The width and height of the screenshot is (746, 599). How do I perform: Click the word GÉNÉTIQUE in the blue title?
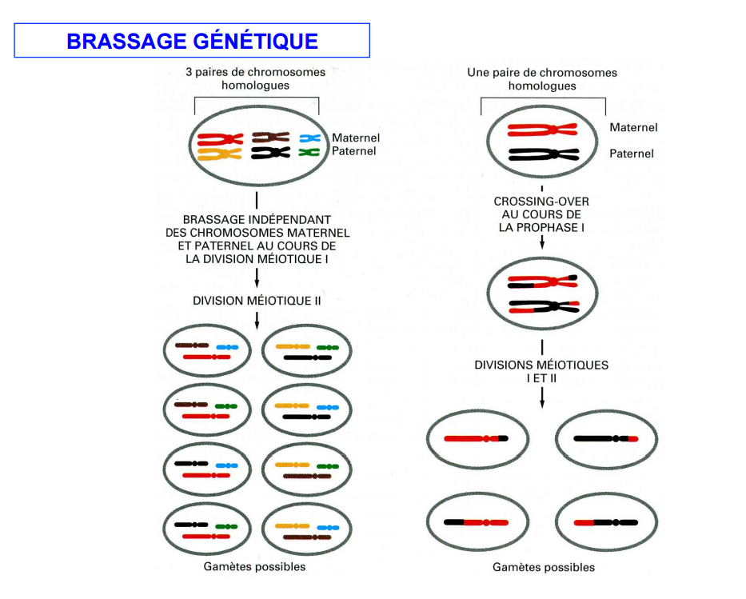[256, 41]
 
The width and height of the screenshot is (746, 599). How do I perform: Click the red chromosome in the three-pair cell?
[220, 139]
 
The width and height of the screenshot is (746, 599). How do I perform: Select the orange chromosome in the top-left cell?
[219, 154]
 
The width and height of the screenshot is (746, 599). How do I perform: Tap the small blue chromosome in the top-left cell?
[309, 138]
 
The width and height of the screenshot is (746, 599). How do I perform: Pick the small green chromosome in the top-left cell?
[309, 152]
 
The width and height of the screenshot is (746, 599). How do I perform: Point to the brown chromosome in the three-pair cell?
[270, 138]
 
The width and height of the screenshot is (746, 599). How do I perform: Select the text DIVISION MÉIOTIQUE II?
[257, 301]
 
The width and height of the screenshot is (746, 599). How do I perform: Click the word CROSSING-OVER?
[541, 202]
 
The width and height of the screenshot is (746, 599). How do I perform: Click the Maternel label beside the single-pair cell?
[633, 127]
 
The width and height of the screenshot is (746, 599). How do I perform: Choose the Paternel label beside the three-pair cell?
[353, 151]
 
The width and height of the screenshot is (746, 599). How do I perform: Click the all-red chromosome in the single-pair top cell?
[542, 130]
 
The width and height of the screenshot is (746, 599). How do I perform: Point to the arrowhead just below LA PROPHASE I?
[542, 245]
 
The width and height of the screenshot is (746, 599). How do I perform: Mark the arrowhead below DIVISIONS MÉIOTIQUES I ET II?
[542, 404]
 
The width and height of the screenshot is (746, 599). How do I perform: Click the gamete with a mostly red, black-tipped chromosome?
[477, 439]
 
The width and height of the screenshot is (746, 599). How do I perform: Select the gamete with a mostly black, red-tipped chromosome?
[606, 439]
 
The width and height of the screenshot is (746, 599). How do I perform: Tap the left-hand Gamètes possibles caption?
[254, 567]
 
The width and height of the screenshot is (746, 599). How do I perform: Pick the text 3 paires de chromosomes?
[256, 72]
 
